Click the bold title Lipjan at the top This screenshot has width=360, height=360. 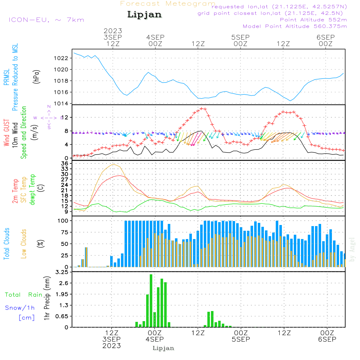[x=144, y=15]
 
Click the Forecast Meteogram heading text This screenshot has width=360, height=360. [x=168, y=4]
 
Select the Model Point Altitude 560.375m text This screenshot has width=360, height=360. [x=295, y=26]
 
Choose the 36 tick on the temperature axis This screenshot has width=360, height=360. [x=65, y=163]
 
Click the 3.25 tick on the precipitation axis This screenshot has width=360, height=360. [x=61, y=273]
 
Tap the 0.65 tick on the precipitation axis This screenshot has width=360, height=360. [x=61, y=316]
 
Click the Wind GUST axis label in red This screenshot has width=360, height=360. [x=7, y=133]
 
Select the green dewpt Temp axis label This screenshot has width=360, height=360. [x=33, y=190]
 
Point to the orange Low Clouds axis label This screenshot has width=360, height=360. [x=24, y=243]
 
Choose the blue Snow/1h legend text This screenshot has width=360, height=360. [x=20, y=308]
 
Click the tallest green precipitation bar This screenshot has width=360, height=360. [x=151, y=301]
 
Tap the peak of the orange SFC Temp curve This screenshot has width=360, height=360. [x=114, y=164]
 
